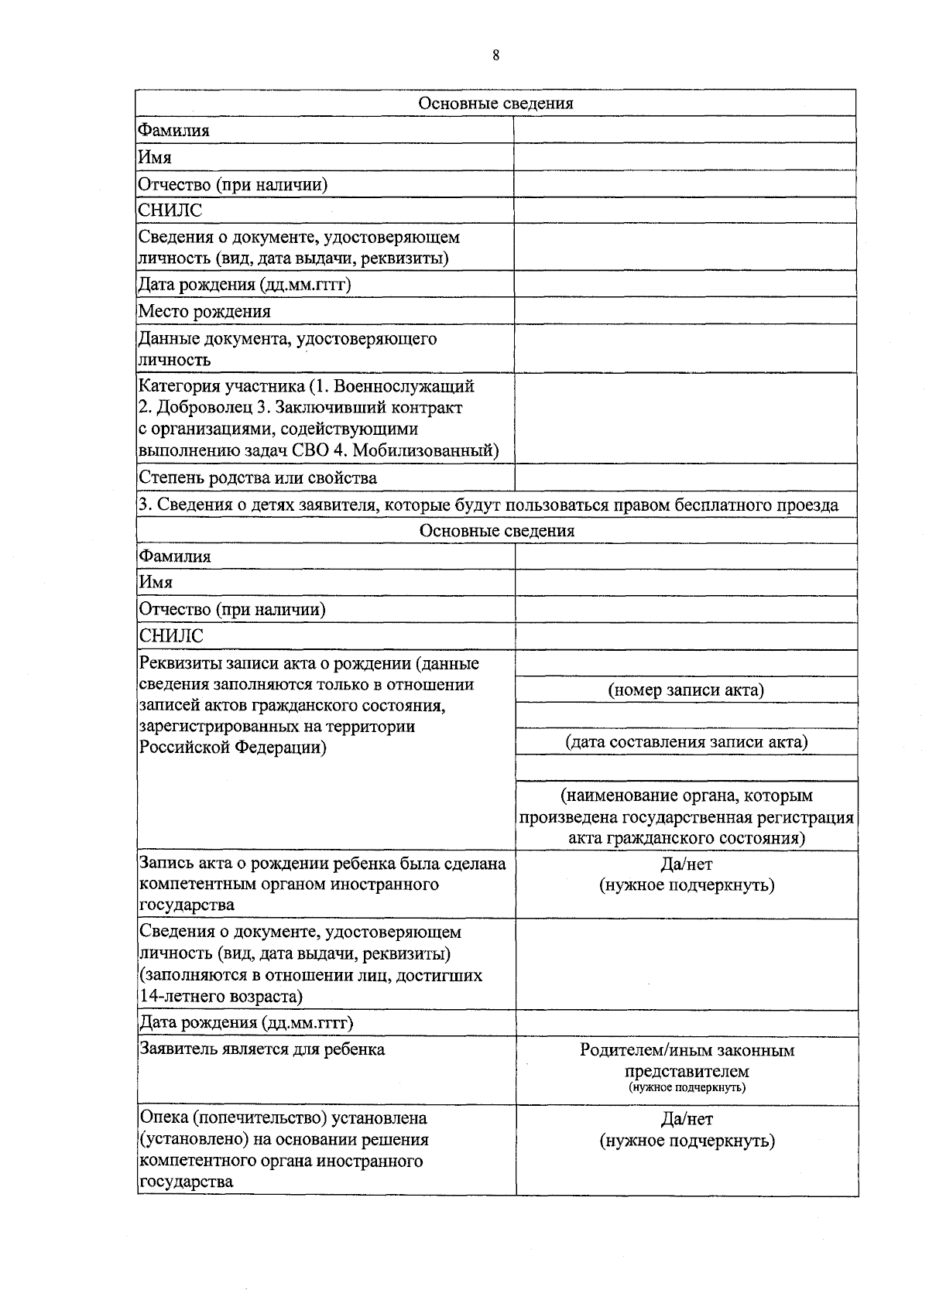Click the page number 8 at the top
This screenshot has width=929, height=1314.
pyautogui.click(x=495, y=55)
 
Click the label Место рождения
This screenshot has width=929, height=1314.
pyautogui.click(x=204, y=312)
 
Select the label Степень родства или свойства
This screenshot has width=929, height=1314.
pyautogui.click(x=258, y=478)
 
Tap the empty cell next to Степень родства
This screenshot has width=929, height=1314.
pyautogui.click(x=685, y=477)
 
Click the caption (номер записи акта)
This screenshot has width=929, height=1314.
pyautogui.click(x=686, y=690)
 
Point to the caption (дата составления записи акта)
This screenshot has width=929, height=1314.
pyautogui.click(x=687, y=742)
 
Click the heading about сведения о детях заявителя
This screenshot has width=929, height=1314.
pyautogui.click(x=488, y=505)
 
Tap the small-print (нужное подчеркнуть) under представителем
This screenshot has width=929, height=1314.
pyautogui.click(x=687, y=1088)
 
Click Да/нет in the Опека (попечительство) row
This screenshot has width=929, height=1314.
pyautogui.click(x=687, y=1119)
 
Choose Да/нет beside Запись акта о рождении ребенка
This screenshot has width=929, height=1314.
pyautogui.click(x=687, y=864)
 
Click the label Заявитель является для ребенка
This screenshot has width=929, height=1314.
pyautogui.click(x=262, y=1050)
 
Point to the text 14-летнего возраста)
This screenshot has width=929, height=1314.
pyautogui.click(x=221, y=997)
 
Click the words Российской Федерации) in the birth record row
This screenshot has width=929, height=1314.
pyautogui.click(x=232, y=748)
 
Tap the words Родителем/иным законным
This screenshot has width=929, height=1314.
pyautogui.click(x=687, y=1051)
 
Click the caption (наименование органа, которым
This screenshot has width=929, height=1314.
pyautogui.click(x=687, y=796)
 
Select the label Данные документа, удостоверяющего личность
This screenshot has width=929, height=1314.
pyautogui.click(x=286, y=348)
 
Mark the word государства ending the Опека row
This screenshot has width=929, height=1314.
pyautogui.click(x=186, y=1182)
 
